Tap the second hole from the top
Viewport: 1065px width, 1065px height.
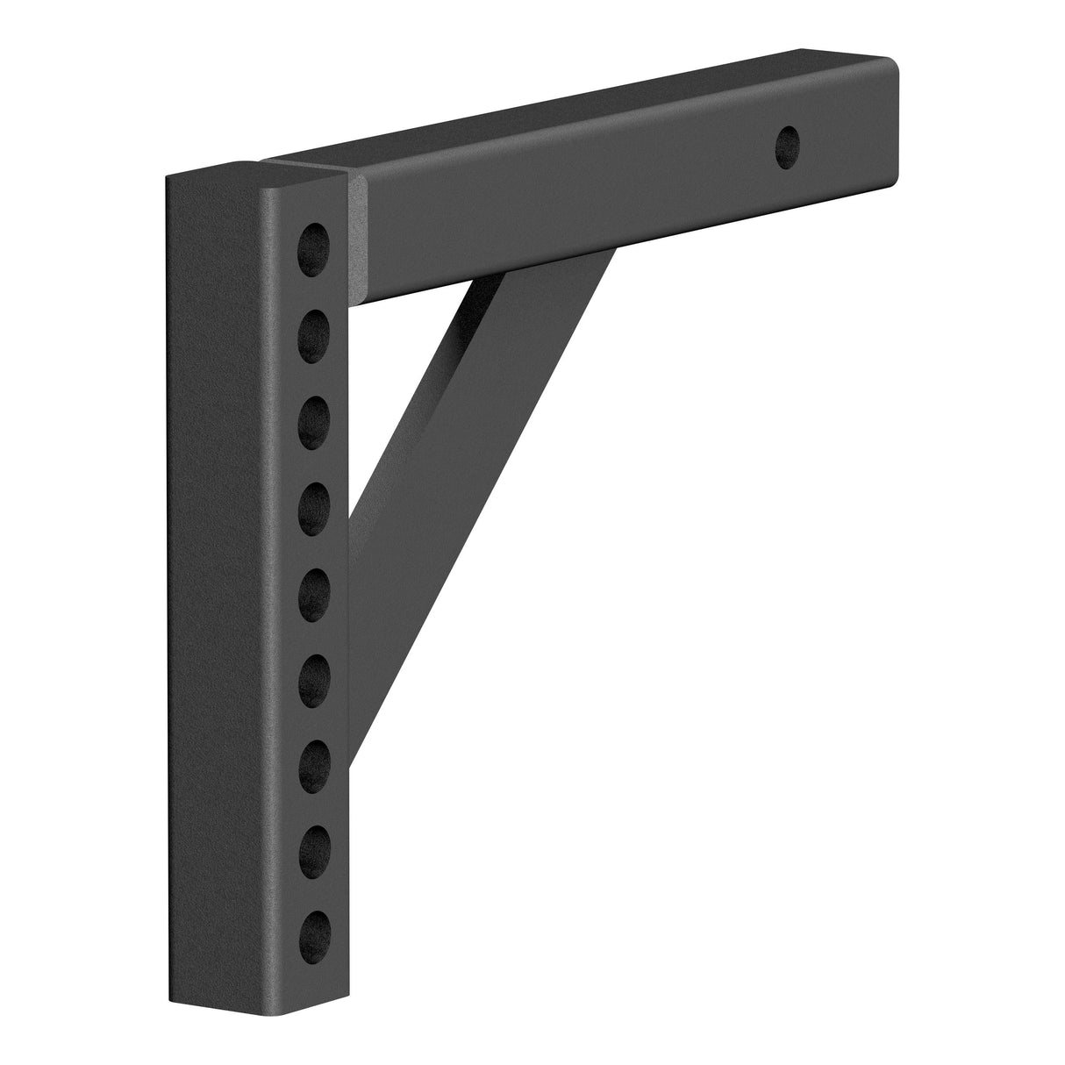tap(317, 333)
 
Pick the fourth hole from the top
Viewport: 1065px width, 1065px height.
tap(317, 506)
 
